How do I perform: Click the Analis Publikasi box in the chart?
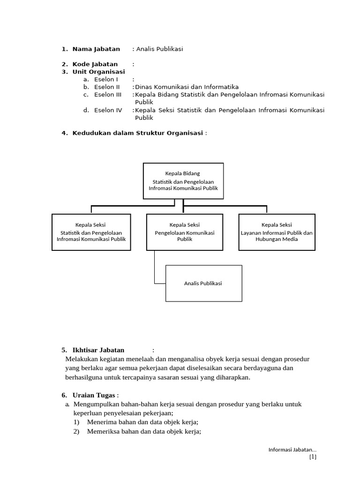tap(204, 283)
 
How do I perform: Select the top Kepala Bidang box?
tap(183, 181)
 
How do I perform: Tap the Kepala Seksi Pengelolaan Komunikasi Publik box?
tap(184, 233)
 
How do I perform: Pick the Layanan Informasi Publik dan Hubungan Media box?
tap(277, 233)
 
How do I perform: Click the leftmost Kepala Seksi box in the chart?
tap(91, 233)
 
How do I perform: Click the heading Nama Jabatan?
tap(96, 49)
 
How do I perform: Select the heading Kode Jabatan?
tap(95, 64)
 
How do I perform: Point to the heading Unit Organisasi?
tap(98, 71)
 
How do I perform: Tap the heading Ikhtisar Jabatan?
tap(98, 350)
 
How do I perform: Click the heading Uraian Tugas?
tap(94, 395)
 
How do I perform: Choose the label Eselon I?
tap(106, 79)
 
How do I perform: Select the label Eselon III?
tap(107, 94)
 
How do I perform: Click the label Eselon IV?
tap(108, 110)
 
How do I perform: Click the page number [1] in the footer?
tap(313, 457)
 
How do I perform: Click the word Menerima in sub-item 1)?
tap(101, 422)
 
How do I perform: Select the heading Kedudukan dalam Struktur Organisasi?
tap(137, 133)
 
